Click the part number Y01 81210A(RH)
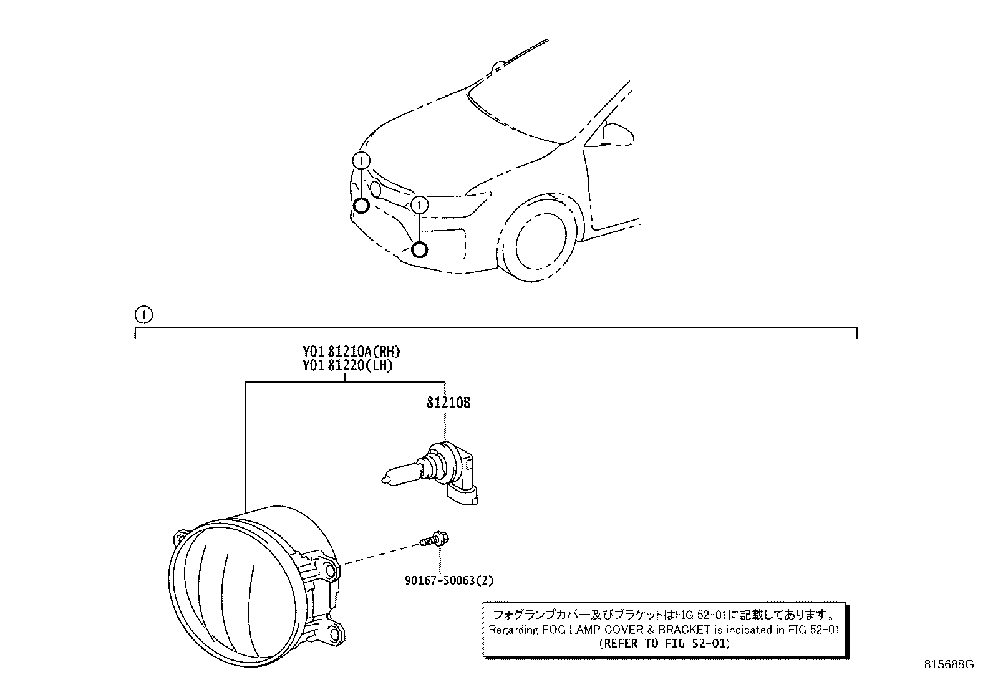pyautogui.click(x=351, y=352)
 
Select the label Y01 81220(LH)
pyautogui.click(x=347, y=365)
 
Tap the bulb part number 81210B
pyautogui.click(x=448, y=403)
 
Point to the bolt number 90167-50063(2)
pyautogui.click(x=449, y=580)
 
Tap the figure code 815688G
pyautogui.click(x=949, y=664)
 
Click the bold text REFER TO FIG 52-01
pyautogui.click(x=664, y=643)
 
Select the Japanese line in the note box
pyautogui.click(x=664, y=615)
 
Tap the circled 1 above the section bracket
pyautogui.click(x=143, y=315)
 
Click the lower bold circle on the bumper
pyautogui.click(x=419, y=250)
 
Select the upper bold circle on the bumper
pyautogui.click(x=361, y=206)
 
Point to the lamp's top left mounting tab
pyautogui.click(x=181, y=539)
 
